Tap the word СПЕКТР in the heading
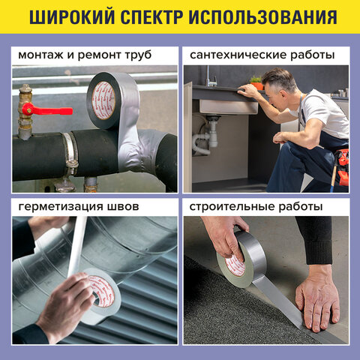tap(159, 18)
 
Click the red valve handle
tap(49, 109)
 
